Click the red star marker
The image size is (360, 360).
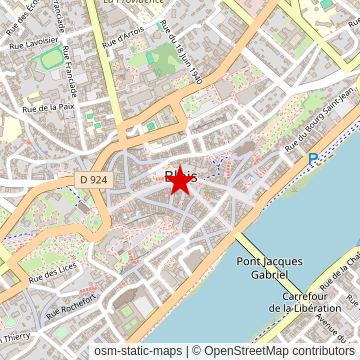[180, 180]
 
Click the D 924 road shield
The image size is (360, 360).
[91, 180]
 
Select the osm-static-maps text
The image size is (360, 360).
[138, 351]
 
